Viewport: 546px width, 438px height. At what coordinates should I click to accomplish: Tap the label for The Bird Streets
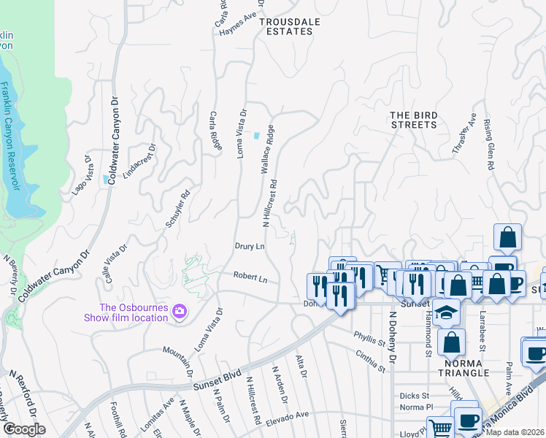point(413,120)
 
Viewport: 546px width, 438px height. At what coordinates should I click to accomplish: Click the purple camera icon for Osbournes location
point(179,312)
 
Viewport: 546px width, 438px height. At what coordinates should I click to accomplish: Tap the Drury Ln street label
point(249,247)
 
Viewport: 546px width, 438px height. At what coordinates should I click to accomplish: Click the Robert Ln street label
point(250,277)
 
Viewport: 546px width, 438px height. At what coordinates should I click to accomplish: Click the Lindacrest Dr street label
point(139,161)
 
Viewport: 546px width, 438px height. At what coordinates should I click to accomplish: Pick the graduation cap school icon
point(444,312)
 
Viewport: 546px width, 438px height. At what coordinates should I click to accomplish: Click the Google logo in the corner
point(24,429)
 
